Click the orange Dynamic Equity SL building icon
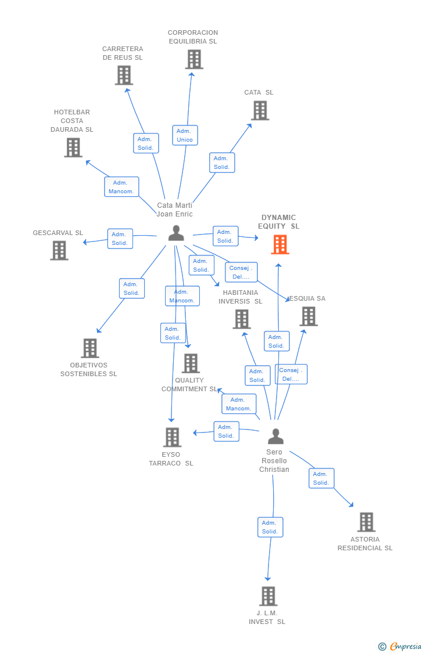point(280,244)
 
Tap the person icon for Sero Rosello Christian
point(275,436)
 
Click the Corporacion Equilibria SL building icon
point(194,59)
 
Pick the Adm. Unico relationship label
point(185,135)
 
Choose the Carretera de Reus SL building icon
point(124,75)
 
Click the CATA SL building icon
point(260,110)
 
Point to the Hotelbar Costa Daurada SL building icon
point(73,147)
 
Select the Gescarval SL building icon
point(59,250)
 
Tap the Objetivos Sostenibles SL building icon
point(89,348)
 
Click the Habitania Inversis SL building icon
point(242,319)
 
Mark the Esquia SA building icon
point(309,316)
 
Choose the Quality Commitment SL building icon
point(191,363)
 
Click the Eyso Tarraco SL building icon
point(172,437)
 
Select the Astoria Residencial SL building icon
point(366,522)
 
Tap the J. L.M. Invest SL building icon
point(268,596)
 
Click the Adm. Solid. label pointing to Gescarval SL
point(120,239)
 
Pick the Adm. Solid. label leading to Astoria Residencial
point(321,478)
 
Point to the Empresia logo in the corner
point(400,646)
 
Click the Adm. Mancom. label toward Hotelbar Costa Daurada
point(121,187)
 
